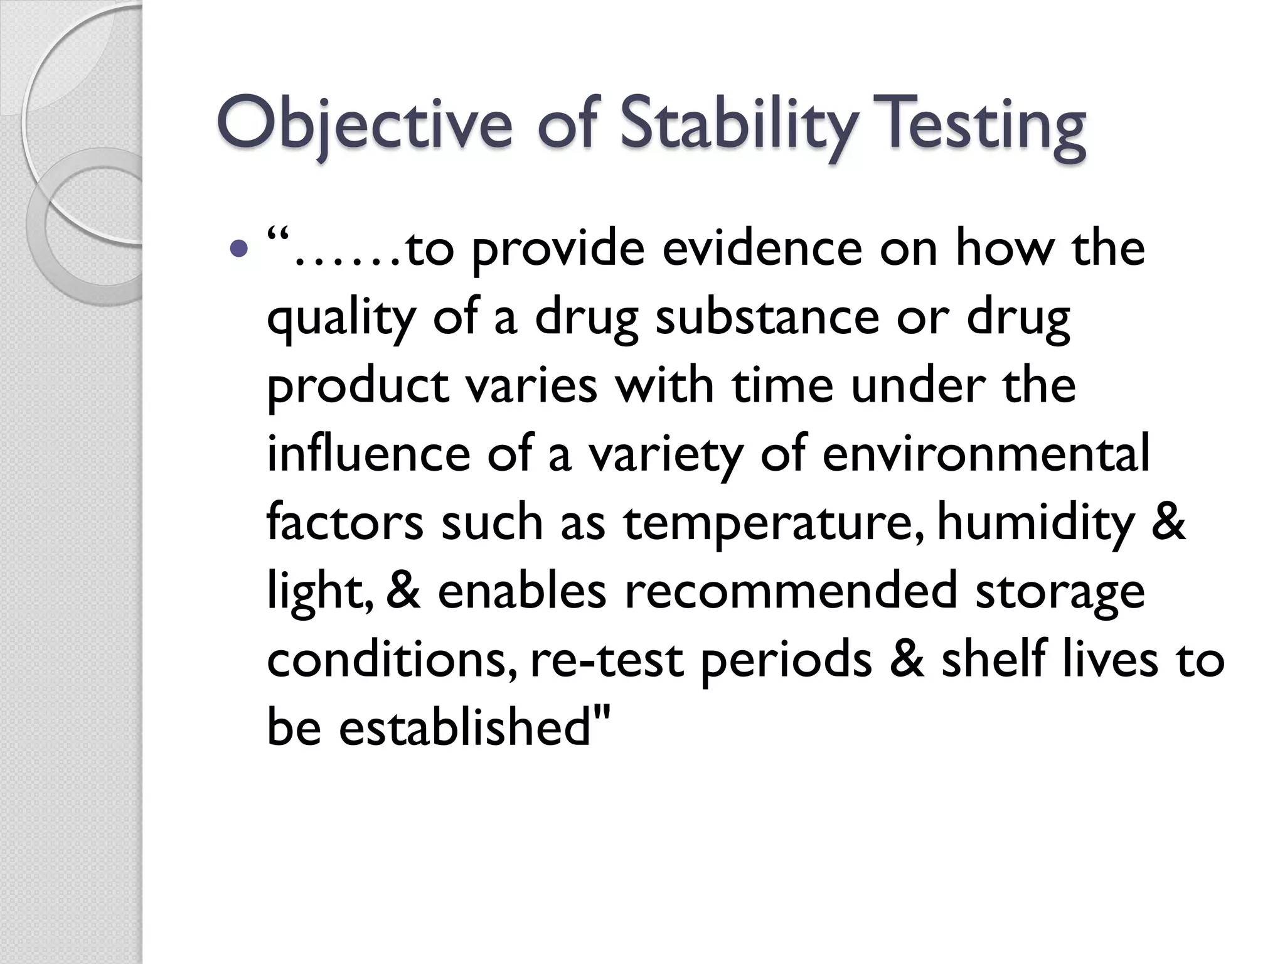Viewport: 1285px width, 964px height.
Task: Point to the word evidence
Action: tap(762, 249)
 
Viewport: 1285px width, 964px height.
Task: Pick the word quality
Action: tap(341, 318)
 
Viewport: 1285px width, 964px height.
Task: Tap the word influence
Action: tap(368, 453)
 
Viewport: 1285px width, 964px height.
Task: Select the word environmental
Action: tap(986, 453)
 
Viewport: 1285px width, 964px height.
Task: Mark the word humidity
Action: tap(1036, 523)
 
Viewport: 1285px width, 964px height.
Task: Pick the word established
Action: tap(465, 727)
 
